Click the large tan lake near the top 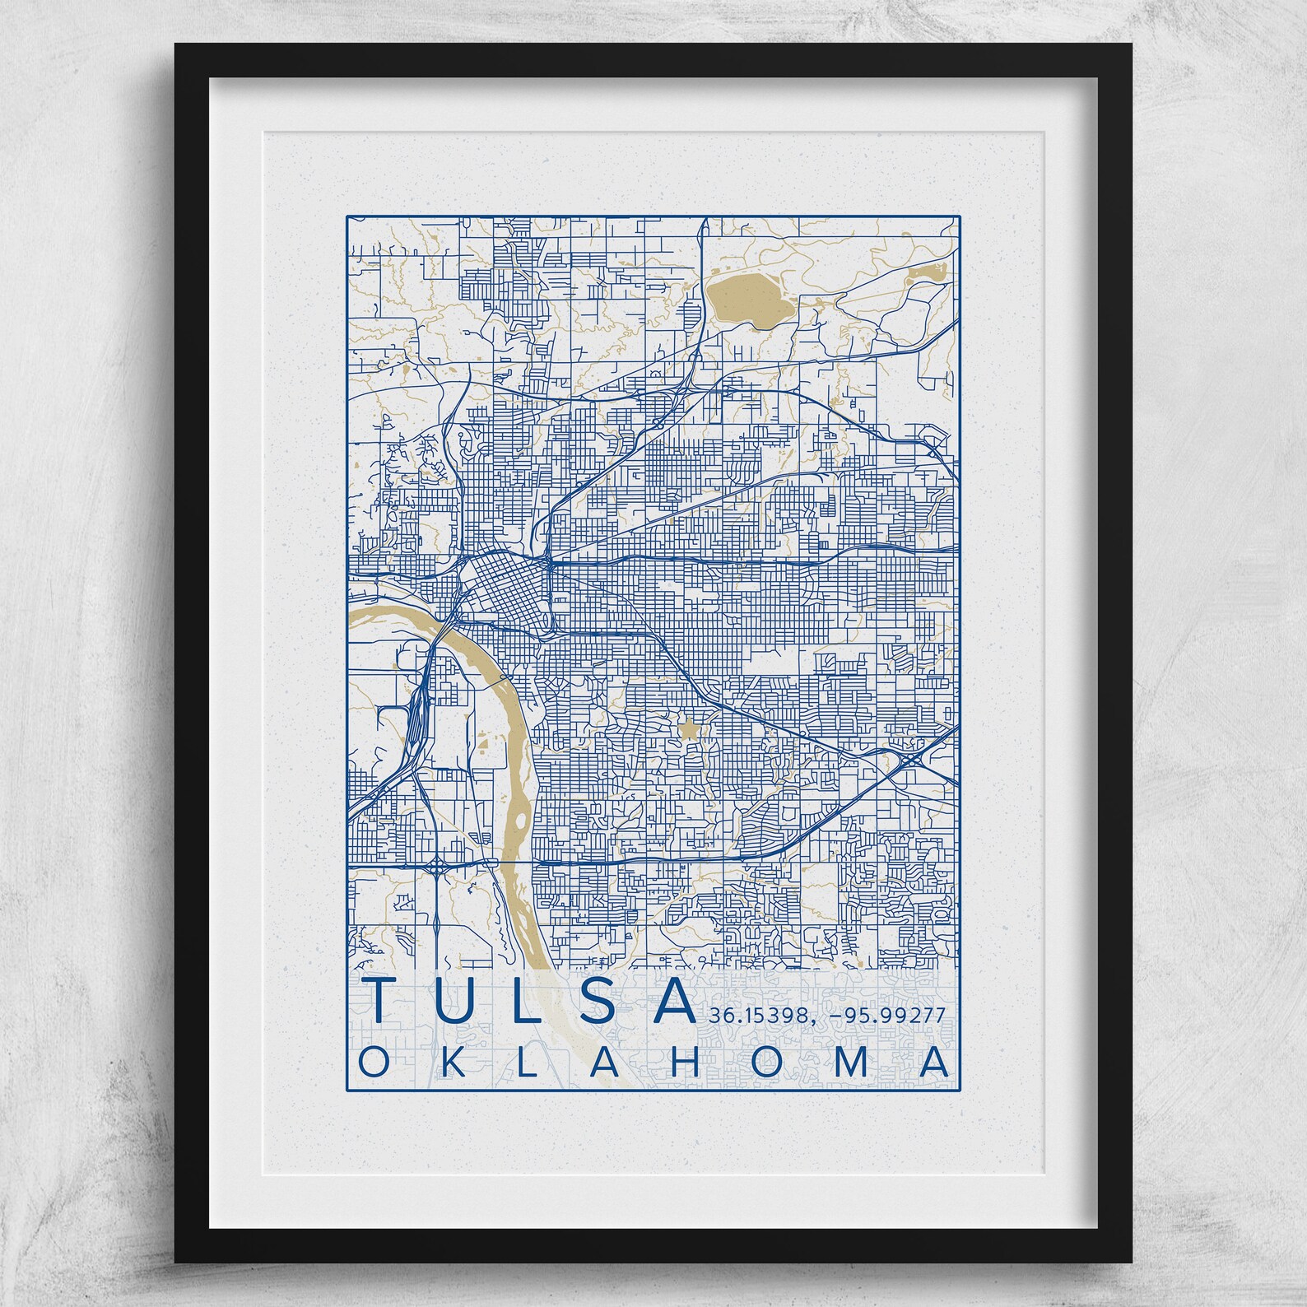pos(749,300)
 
